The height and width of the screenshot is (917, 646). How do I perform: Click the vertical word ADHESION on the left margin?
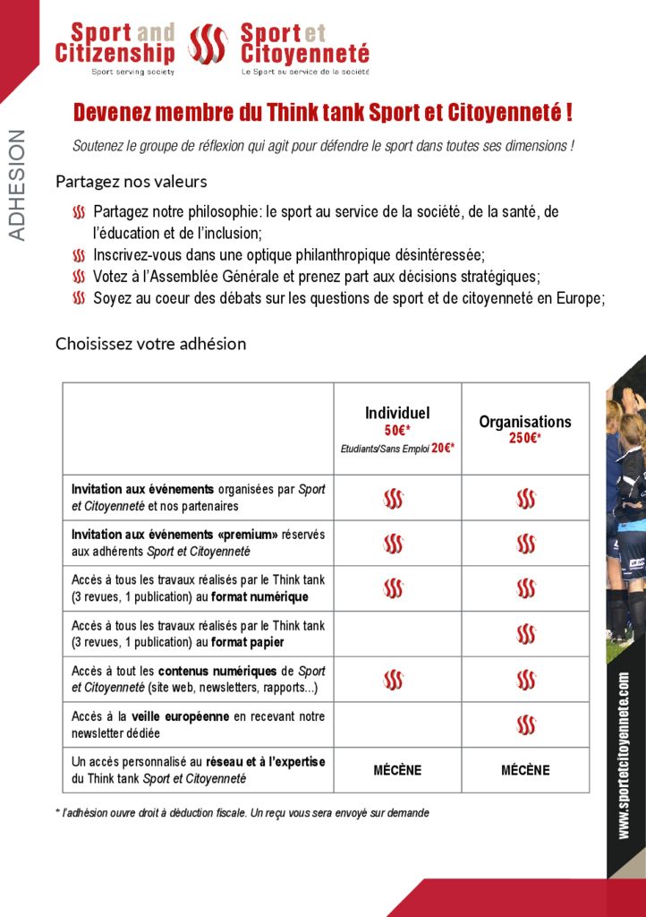coord(17,185)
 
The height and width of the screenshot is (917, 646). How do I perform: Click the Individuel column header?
coord(397,413)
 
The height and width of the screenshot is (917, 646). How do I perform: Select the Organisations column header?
coord(524,422)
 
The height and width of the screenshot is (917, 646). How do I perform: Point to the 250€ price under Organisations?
coord(524,438)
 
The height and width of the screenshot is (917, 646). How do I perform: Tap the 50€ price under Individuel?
coord(397,430)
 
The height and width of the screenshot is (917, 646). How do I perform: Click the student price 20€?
coord(443,448)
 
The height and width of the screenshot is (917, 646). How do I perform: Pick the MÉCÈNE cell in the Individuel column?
coord(397,770)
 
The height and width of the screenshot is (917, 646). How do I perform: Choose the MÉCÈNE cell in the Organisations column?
coord(525,770)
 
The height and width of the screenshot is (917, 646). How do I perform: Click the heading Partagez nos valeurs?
coord(132,182)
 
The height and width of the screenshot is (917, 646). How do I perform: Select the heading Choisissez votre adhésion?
coord(150,344)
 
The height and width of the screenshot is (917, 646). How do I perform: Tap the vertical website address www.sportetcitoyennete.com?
coord(624,756)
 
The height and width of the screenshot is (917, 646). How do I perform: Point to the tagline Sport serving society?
coord(132,71)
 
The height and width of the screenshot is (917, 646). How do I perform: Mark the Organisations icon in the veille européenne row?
coord(526,724)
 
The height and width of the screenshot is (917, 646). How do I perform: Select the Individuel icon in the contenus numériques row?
coord(393,680)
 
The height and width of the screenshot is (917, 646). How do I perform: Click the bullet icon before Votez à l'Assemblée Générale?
coord(79,278)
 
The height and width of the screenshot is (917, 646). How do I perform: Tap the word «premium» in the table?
coord(248,535)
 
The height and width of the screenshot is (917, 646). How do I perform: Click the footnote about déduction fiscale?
coord(242,813)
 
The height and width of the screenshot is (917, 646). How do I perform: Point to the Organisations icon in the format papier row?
coord(526,634)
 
